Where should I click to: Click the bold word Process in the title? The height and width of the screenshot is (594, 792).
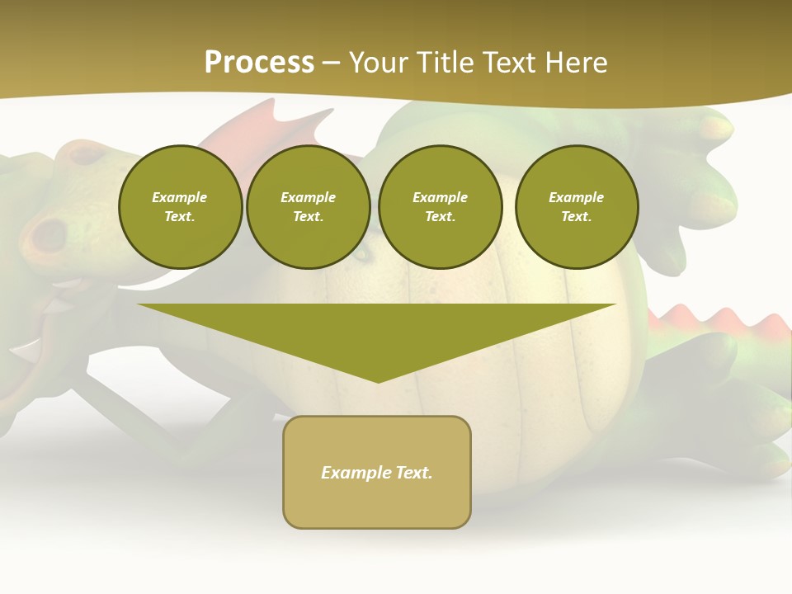coord(259,63)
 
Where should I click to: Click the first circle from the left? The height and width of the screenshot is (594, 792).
coord(180,207)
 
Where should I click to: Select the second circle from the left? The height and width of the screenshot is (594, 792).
coord(309,207)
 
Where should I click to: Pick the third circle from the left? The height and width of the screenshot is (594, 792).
coord(440,207)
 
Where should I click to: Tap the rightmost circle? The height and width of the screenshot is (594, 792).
coord(577,207)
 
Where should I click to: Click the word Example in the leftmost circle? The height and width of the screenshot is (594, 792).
coord(180,197)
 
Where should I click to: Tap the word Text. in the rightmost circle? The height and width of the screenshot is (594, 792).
coord(577,217)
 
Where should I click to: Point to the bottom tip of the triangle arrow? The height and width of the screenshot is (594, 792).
coord(378,381)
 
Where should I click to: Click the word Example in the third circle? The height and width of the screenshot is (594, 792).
coord(440,197)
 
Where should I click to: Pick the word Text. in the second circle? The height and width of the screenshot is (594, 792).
coord(309,217)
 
